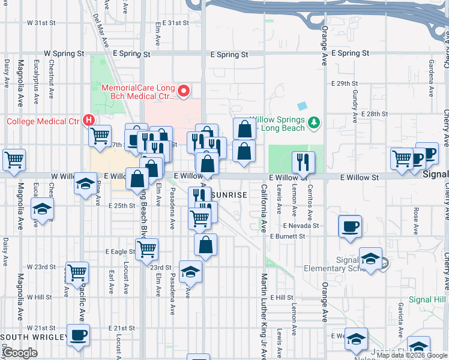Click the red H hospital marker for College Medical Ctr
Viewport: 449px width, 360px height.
click(89, 120)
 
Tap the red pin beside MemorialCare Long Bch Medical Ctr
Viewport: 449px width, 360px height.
click(184, 92)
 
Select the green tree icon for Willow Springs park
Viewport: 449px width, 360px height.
click(312, 124)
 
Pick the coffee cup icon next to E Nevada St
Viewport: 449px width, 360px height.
click(350, 227)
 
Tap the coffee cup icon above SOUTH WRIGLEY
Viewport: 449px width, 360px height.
click(77, 335)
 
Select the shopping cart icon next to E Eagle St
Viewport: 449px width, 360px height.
click(146, 248)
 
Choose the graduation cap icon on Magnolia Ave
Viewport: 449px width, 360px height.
click(42, 209)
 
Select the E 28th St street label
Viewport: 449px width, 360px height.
click(376, 114)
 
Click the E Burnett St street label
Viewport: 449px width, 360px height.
click(288, 236)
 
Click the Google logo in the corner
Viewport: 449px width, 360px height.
click(20, 353)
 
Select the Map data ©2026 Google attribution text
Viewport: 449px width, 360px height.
click(411, 355)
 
